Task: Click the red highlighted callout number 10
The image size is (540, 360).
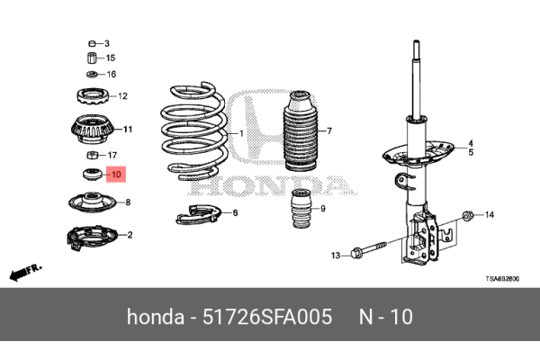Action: tap(116, 174)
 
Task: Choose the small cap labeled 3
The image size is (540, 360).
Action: tap(91, 43)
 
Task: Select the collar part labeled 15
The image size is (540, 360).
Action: tap(91, 58)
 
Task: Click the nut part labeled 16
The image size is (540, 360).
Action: tap(91, 74)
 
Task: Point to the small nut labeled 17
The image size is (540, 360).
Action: tap(91, 155)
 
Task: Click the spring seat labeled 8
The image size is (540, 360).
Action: tap(91, 202)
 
